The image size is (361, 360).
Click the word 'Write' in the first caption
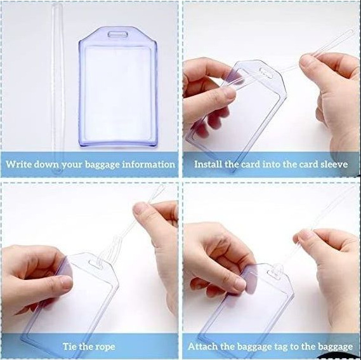coord(20,164)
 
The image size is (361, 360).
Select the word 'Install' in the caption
coord(209,164)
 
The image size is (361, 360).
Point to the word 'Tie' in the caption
coord(70,347)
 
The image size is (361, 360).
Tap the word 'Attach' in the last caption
coord(202,347)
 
